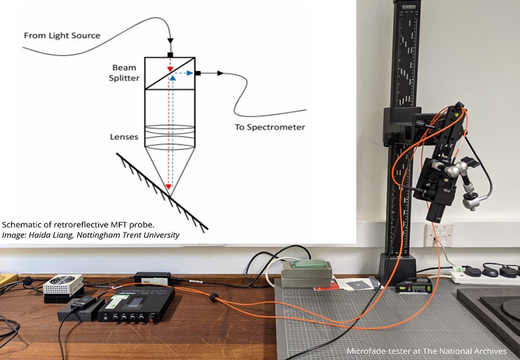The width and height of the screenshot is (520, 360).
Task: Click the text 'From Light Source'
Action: (x=62, y=36)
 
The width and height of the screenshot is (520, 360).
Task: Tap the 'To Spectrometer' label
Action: (x=270, y=127)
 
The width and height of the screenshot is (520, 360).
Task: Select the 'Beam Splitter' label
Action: (x=124, y=73)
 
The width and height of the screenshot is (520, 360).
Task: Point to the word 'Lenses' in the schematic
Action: (x=124, y=137)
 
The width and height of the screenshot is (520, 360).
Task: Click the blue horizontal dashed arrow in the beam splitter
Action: (x=184, y=73)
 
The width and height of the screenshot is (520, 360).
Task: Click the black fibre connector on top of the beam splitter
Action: (x=170, y=55)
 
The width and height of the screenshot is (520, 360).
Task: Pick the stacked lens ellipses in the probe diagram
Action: (x=170, y=136)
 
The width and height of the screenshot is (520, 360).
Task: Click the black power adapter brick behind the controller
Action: (x=152, y=278)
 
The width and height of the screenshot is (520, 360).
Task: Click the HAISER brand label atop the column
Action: (x=404, y=7)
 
